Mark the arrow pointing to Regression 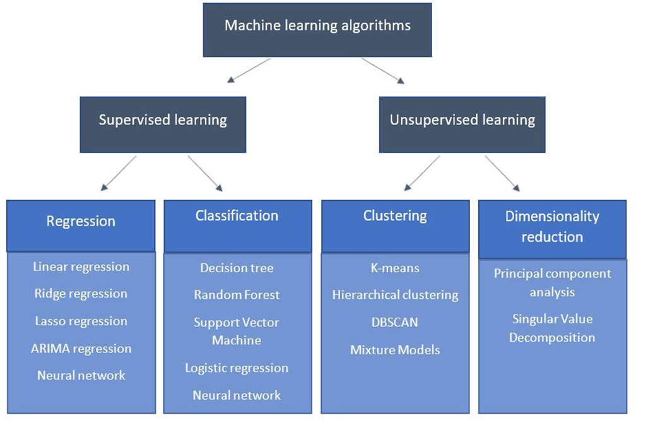pyautogui.click(x=119, y=172)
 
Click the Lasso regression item pyautogui.click(x=81, y=321)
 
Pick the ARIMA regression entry pyautogui.click(x=81, y=348)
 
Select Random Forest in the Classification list pyautogui.click(x=237, y=295)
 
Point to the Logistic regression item pyautogui.click(x=237, y=368)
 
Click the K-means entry pyautogui.click(x=395, y=268)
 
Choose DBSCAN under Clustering pyautogui.click(x=395, y=322)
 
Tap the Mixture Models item pyautogui.click(x=395, y=349)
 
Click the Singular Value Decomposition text pyautogui.click(x=552, y=328)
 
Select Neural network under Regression pyautogui.click(x=81, y=375)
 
